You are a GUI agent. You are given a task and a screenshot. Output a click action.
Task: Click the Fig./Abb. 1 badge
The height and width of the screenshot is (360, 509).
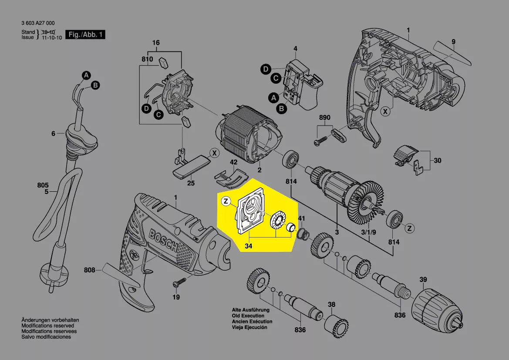[85, 34]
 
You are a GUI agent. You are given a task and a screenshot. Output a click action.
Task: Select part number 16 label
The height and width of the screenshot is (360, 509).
[156, 43]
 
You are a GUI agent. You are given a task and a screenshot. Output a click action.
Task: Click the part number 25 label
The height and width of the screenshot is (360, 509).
[191, 183]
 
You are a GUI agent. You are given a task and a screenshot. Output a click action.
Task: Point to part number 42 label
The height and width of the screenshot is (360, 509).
[233, 162]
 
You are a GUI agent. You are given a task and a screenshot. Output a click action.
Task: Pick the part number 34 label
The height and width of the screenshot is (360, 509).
[249, 246]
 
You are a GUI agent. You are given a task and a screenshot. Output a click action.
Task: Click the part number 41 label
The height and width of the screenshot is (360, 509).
[301, 218]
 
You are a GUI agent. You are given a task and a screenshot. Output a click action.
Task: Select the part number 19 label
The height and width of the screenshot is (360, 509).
[176, 297]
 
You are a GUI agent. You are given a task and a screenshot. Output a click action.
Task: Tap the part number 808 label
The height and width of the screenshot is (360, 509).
[90, 270]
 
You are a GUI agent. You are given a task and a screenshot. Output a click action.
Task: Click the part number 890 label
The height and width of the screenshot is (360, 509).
[325, 118]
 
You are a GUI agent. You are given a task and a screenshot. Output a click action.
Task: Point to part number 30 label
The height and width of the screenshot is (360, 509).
[437, 160]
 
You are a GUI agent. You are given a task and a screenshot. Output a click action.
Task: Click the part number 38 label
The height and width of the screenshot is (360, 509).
[332, 305]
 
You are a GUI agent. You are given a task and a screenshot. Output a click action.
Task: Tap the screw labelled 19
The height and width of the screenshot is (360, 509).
[176, 283]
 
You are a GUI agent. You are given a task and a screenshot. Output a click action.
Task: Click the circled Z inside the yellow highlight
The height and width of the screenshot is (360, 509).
[226, 201]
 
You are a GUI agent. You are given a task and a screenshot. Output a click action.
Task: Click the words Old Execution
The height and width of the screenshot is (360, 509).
[248, 316]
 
